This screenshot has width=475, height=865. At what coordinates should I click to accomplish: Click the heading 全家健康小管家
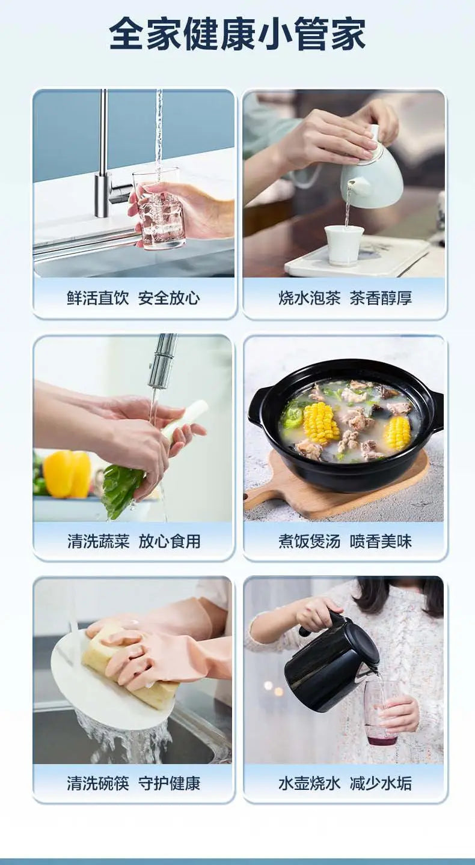pyautogui.click(x=237, y=34)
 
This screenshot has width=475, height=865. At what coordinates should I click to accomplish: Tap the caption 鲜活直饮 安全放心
pyautogui.click(x=133, y=298)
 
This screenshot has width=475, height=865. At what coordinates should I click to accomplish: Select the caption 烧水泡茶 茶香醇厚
pyautogui.click(x=345, y=298)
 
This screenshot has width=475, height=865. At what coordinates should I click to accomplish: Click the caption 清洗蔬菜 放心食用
pyautogui.click(x=133, y=541)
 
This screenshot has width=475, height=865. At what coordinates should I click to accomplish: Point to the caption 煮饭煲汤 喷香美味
pyautogui.click(x=345, y=541)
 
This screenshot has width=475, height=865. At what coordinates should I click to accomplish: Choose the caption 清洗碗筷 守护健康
pyautogui.click(x=133, y=783)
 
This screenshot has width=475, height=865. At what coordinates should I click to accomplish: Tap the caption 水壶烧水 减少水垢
pyautogui.click(x=345, y=783)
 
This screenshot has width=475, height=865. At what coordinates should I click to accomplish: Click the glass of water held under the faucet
pyautogui.click(x=159, y=210)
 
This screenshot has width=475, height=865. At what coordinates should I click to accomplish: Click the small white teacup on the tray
pyautogui.click(x=345, y=244)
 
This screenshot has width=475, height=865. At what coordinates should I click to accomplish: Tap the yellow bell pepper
pyautogui.click(x=67, y=474)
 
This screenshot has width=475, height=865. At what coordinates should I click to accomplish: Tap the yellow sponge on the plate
pyautogui.click(x=129, y=667)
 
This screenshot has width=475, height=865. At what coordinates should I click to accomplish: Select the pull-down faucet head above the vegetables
pyautogui.click(x=162, y=360)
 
